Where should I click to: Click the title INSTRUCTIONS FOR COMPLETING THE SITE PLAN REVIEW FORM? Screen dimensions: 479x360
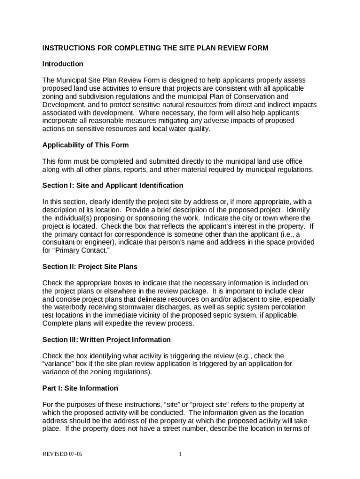(x=155, y=48)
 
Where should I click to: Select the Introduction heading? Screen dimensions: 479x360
(x=63, y=64)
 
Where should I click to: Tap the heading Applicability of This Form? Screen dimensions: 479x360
(x=86, y=145)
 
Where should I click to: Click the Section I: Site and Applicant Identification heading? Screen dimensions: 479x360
(x=113, y=186)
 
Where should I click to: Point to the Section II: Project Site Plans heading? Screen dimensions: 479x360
(x=90, y=267)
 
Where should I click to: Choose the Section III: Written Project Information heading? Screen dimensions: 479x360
(x=107, y=340)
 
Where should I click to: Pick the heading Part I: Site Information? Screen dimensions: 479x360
(x=80, y=388)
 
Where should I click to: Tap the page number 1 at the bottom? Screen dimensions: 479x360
(x=180, y=454)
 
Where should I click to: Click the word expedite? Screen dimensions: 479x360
(x=129, y=323)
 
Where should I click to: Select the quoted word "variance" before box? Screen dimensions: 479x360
(x=58, y=364)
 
